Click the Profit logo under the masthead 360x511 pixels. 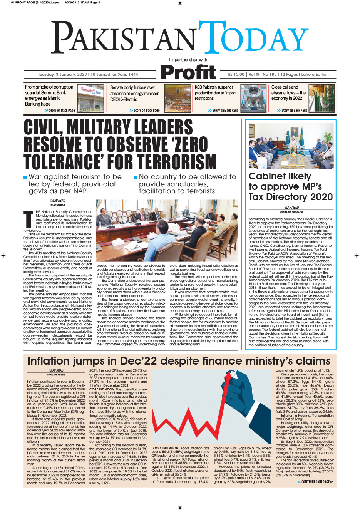pyautogui.click(x=188, y=72)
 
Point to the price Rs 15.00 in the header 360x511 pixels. pyautogui.click(x=236, y=75)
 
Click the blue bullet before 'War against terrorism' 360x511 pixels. pyautogui.click(x=25, y=178)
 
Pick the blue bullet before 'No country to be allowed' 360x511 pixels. pyautogui.click(x=136, y=178)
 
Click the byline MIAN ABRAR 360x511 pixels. pyautogui.click(x=58, y=205)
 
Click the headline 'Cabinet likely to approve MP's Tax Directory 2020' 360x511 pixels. pyautogui.click(x=290, y=187)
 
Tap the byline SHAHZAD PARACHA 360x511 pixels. pyautogui.click(x=291, y=212)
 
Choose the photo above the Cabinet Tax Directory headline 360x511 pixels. pyautogui.click(x=291, y=146)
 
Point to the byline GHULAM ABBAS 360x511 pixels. pyautogui.click(x=56, y=374)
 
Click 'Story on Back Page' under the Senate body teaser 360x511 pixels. pyautogui.click(x=146, y=111)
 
